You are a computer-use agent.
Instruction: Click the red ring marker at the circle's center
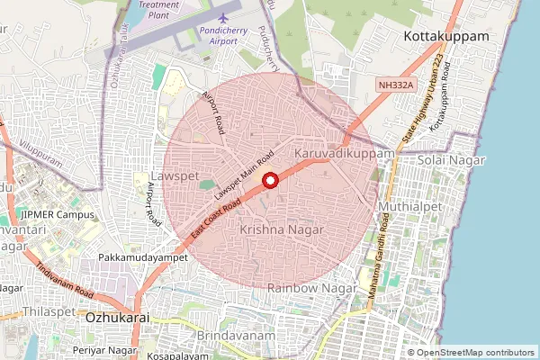tap(269, 183)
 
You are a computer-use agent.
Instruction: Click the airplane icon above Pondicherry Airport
tap(223, 17)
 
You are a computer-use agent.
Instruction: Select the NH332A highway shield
tap(395, 84)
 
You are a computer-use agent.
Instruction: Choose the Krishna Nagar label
tap(282, 231)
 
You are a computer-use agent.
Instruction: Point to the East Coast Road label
tap(216, 220)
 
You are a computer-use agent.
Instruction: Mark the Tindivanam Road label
tap(65, 281)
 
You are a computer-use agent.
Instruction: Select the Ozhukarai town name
tap(114, 318)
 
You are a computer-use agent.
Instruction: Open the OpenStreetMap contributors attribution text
tap(476, 353)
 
